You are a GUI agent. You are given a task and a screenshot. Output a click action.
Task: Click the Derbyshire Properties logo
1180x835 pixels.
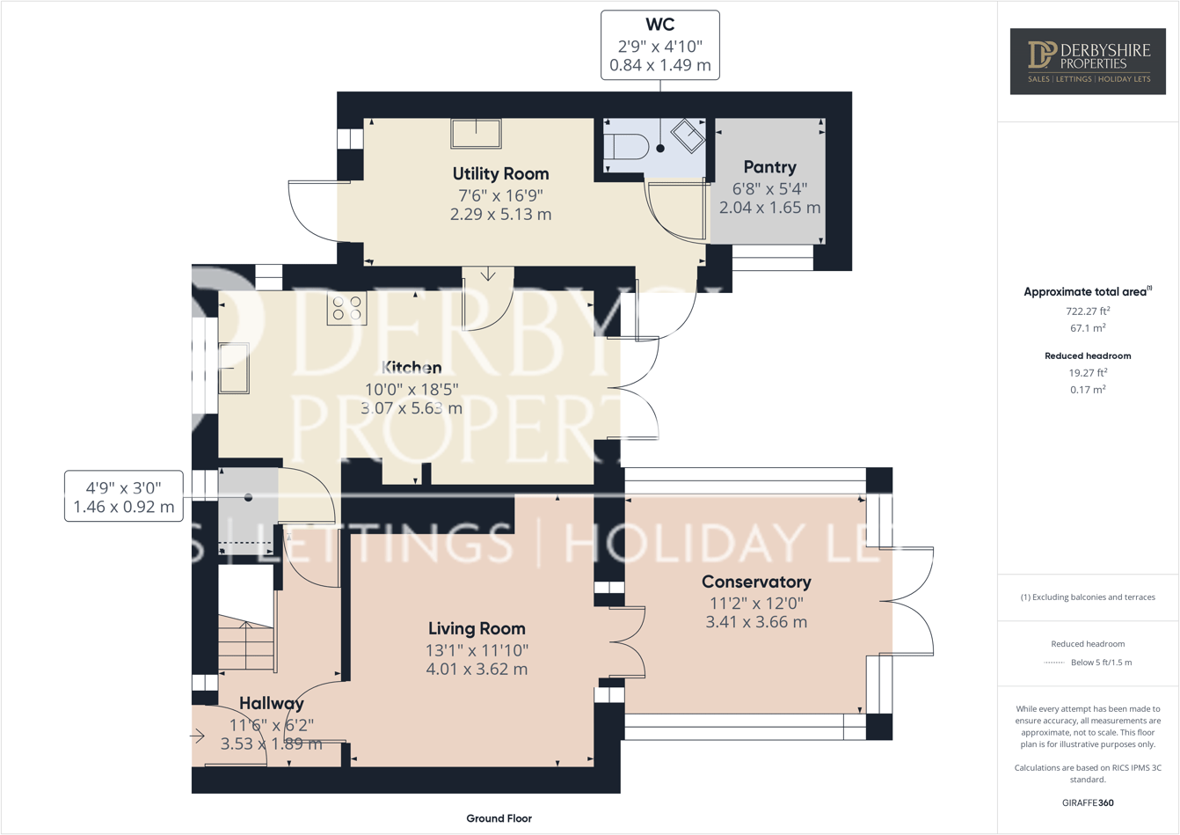coord(1088,61)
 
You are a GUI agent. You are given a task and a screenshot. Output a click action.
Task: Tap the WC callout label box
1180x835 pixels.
coord(659,46)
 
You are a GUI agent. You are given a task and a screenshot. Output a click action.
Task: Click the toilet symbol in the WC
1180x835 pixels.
coord(625,146)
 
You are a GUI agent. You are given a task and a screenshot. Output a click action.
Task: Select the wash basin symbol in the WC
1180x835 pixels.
coord(688,136)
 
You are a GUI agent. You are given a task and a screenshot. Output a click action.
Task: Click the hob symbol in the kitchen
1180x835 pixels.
coord(346,309)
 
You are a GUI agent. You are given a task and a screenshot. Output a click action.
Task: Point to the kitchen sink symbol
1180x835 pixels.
coord(233,368)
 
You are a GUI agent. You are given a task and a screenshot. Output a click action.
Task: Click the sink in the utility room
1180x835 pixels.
coord(476,134)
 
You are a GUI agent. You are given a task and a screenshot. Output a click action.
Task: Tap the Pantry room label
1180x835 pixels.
coord(769,167)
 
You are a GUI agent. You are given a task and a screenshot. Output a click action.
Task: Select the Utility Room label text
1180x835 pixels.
coord(500,174)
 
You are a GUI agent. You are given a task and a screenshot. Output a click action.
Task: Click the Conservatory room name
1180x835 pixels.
coord(756,582)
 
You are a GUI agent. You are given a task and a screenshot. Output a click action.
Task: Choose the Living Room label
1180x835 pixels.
coord(477,628)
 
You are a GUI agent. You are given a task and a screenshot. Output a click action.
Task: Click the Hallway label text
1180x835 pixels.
coord(272,703)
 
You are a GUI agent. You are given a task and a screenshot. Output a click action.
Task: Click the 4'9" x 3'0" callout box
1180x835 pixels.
coord(124,496)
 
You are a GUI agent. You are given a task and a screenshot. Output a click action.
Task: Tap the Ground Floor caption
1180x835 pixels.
coord(499,818)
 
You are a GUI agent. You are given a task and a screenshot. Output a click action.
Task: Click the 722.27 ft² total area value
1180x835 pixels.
coord(1088,311)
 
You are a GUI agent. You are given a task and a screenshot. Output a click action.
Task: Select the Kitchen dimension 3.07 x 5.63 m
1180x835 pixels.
coord(412,408)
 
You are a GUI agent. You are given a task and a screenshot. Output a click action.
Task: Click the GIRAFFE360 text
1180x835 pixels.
coord(1088,802)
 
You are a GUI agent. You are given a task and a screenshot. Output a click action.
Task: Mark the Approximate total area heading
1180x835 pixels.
coord(1087,291)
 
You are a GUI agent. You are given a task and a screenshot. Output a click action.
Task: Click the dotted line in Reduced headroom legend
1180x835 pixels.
coord(1053,663)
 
